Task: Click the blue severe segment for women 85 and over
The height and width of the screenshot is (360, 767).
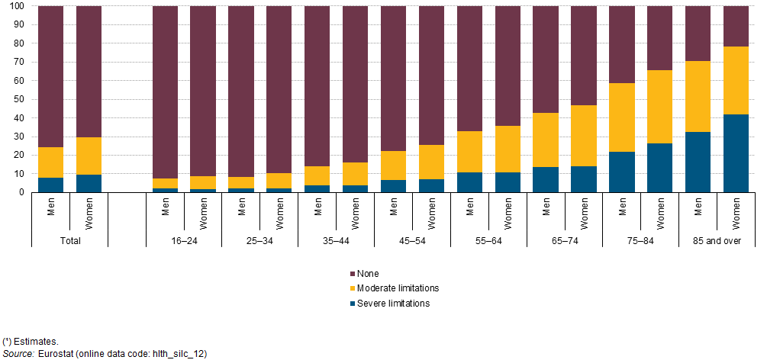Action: coord(736,153)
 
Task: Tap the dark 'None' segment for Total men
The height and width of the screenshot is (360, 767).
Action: coord(50,76)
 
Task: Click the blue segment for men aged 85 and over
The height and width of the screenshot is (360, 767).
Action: coord(698,162)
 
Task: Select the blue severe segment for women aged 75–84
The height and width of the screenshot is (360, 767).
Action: coord(659,168)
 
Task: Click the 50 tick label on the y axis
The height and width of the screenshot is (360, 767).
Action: coord(19,99)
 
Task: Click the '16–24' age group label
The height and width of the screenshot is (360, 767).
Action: coord(183,239)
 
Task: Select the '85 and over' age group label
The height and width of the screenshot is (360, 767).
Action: coord(717,239)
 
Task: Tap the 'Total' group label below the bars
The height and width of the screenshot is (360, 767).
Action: coord(69,239)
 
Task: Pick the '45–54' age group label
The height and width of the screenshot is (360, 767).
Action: coord(412,239)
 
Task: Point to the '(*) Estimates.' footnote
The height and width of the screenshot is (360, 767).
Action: coord(31,341)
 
